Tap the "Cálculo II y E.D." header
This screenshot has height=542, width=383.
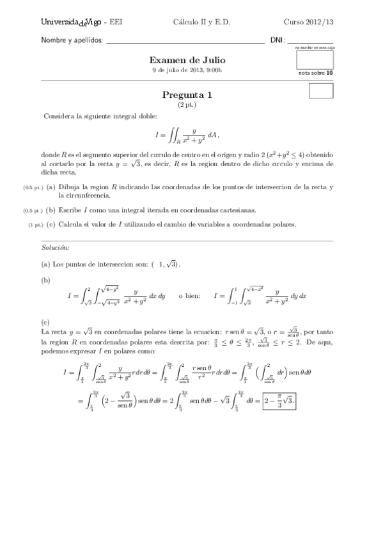pos(201,22)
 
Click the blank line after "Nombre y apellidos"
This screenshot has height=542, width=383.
pos(185,40)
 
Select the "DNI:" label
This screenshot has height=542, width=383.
pos(277,40)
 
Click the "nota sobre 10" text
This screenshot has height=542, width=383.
pos(316,73)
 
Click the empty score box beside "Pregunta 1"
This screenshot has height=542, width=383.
pos(320,91)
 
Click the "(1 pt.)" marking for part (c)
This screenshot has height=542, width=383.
pos(35,225)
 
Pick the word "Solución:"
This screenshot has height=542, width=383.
pos(56,247)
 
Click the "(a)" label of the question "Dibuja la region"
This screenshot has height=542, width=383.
pos(51,187)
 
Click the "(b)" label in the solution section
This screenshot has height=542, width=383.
pos(46,280)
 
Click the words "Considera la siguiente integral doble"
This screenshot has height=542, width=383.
pos(99,116)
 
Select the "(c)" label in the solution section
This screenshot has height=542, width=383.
pos(46,323)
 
